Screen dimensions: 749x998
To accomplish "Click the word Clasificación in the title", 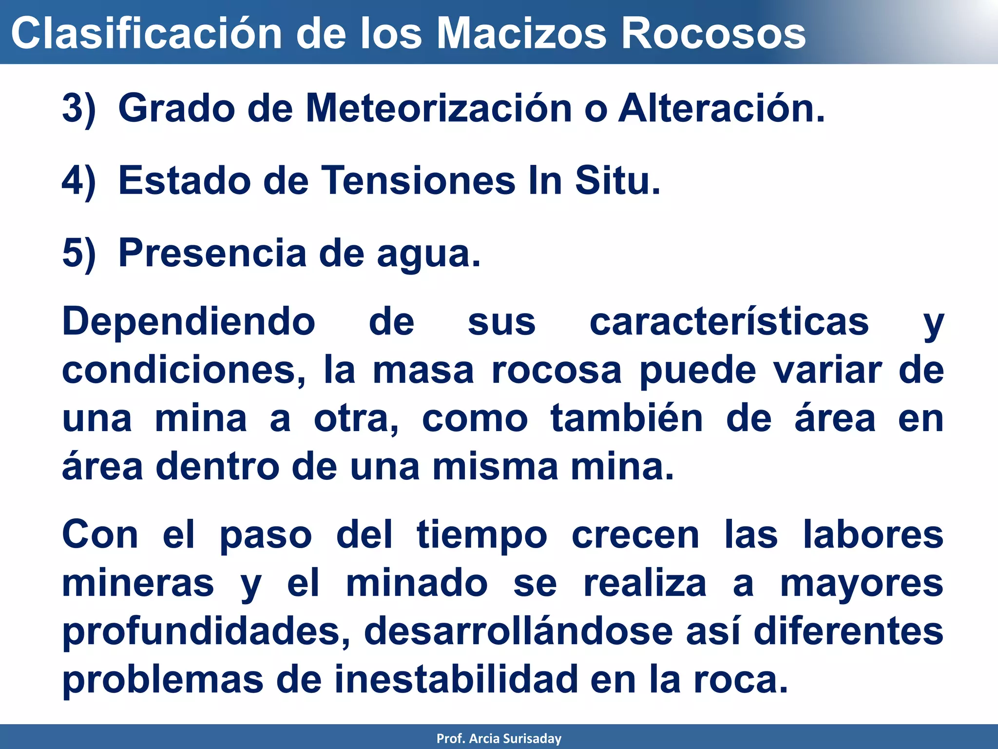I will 147,33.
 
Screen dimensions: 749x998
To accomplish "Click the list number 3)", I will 79,108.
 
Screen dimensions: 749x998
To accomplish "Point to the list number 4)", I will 79,181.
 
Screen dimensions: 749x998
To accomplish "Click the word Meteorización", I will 439,108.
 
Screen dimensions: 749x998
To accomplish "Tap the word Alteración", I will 721,108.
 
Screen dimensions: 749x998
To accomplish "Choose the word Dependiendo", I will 189,322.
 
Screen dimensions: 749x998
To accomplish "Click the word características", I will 729,322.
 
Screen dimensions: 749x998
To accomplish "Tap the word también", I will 627,418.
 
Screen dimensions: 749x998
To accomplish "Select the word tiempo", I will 482,535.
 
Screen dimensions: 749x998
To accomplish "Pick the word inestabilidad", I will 456,679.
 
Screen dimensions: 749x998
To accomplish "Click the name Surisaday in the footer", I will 532,738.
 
